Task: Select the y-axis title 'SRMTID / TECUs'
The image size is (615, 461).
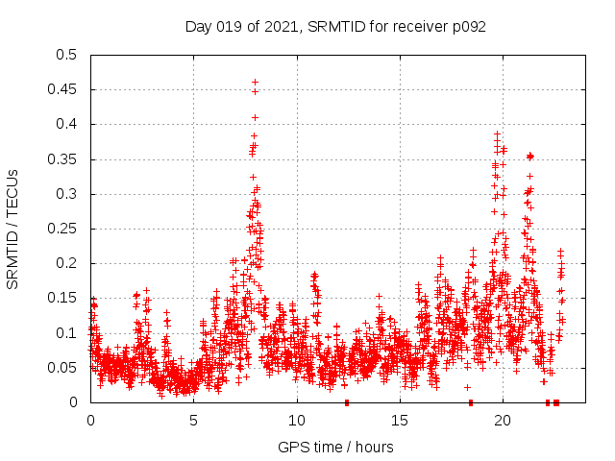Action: (x=13, y=229)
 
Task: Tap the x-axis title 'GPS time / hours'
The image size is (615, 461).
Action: (x=335, y=447)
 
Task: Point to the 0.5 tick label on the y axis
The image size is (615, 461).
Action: (x=66, y=55)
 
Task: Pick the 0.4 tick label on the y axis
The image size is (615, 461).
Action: (x=66, y=125)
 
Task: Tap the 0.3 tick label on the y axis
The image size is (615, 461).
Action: (x=66, y=194)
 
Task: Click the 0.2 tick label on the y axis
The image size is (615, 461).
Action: (x=66, y=263)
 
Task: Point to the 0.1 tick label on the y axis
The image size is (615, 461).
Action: (x=66, y=333)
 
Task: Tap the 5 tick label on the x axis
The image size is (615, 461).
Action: (x=194, y=420)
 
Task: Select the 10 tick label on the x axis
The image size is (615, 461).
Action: (x=297, y=420)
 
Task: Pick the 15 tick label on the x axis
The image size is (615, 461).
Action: (x=400, y=420)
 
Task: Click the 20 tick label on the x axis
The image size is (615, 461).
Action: (x=503, y=420)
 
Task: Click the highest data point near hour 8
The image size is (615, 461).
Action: (x=255, y=82)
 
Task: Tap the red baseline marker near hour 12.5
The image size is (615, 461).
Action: (x=347, y=401)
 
